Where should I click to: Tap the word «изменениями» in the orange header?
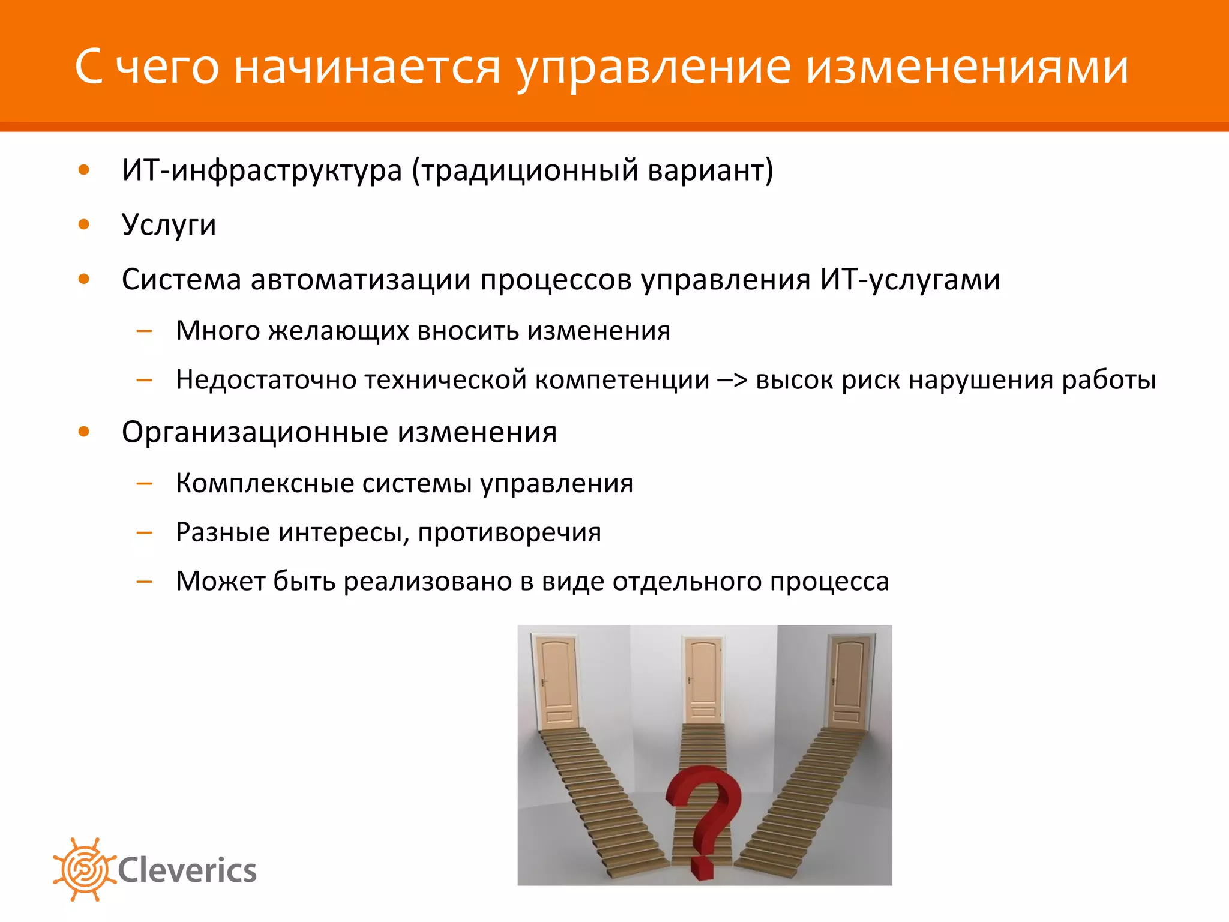[x=967, y=67]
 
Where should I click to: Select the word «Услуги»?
[x=169, y=225]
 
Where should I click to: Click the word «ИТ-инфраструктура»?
[x=262, y=170]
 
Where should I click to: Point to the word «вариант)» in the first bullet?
[x=711, y=170]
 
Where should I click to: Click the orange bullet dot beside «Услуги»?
[x=84, y=224]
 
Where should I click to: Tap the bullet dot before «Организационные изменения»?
[x=84, y=431]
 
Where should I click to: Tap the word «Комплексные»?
[x=265, y=483]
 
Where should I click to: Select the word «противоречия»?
[x=509, y=532]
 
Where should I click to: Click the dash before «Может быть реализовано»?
[x=145, y=581]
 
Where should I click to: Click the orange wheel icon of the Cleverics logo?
[x=83, y=869]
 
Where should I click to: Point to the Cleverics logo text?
[x=187, y=870]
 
